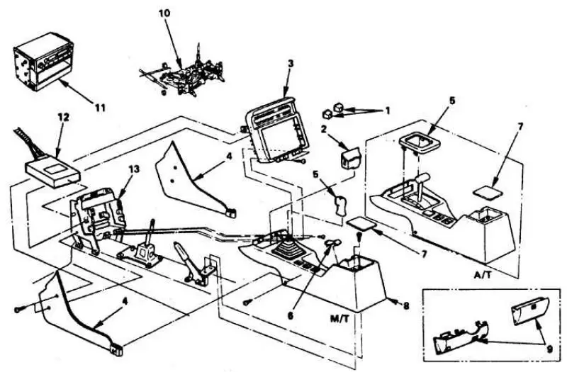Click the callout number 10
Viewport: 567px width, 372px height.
click(x=164, y=13)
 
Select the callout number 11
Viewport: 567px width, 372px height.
click(x=100, y=108)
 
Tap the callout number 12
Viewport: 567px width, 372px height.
click(x=64, y=118)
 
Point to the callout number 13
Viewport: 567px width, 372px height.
click(x=134, y=169)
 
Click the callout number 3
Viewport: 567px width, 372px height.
click(x=291, y=64)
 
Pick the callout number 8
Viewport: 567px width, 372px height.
click(x=406, y=306)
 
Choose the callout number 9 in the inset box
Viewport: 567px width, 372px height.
click(x=550, y=349)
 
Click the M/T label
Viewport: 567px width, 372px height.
click(x=340, y=320)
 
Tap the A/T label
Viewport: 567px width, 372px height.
click(x=483, y=275)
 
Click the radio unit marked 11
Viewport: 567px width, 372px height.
click(x=36, y=62)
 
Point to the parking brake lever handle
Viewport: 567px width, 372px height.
click(x=183, y=249)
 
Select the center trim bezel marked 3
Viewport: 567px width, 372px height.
click(x=278, y=131)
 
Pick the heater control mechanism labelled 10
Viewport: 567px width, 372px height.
click(x=183, y=74)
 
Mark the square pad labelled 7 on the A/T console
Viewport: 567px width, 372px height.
click(x=488, y=191)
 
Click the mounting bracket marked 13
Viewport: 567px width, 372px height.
click(x=98, y=217)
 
